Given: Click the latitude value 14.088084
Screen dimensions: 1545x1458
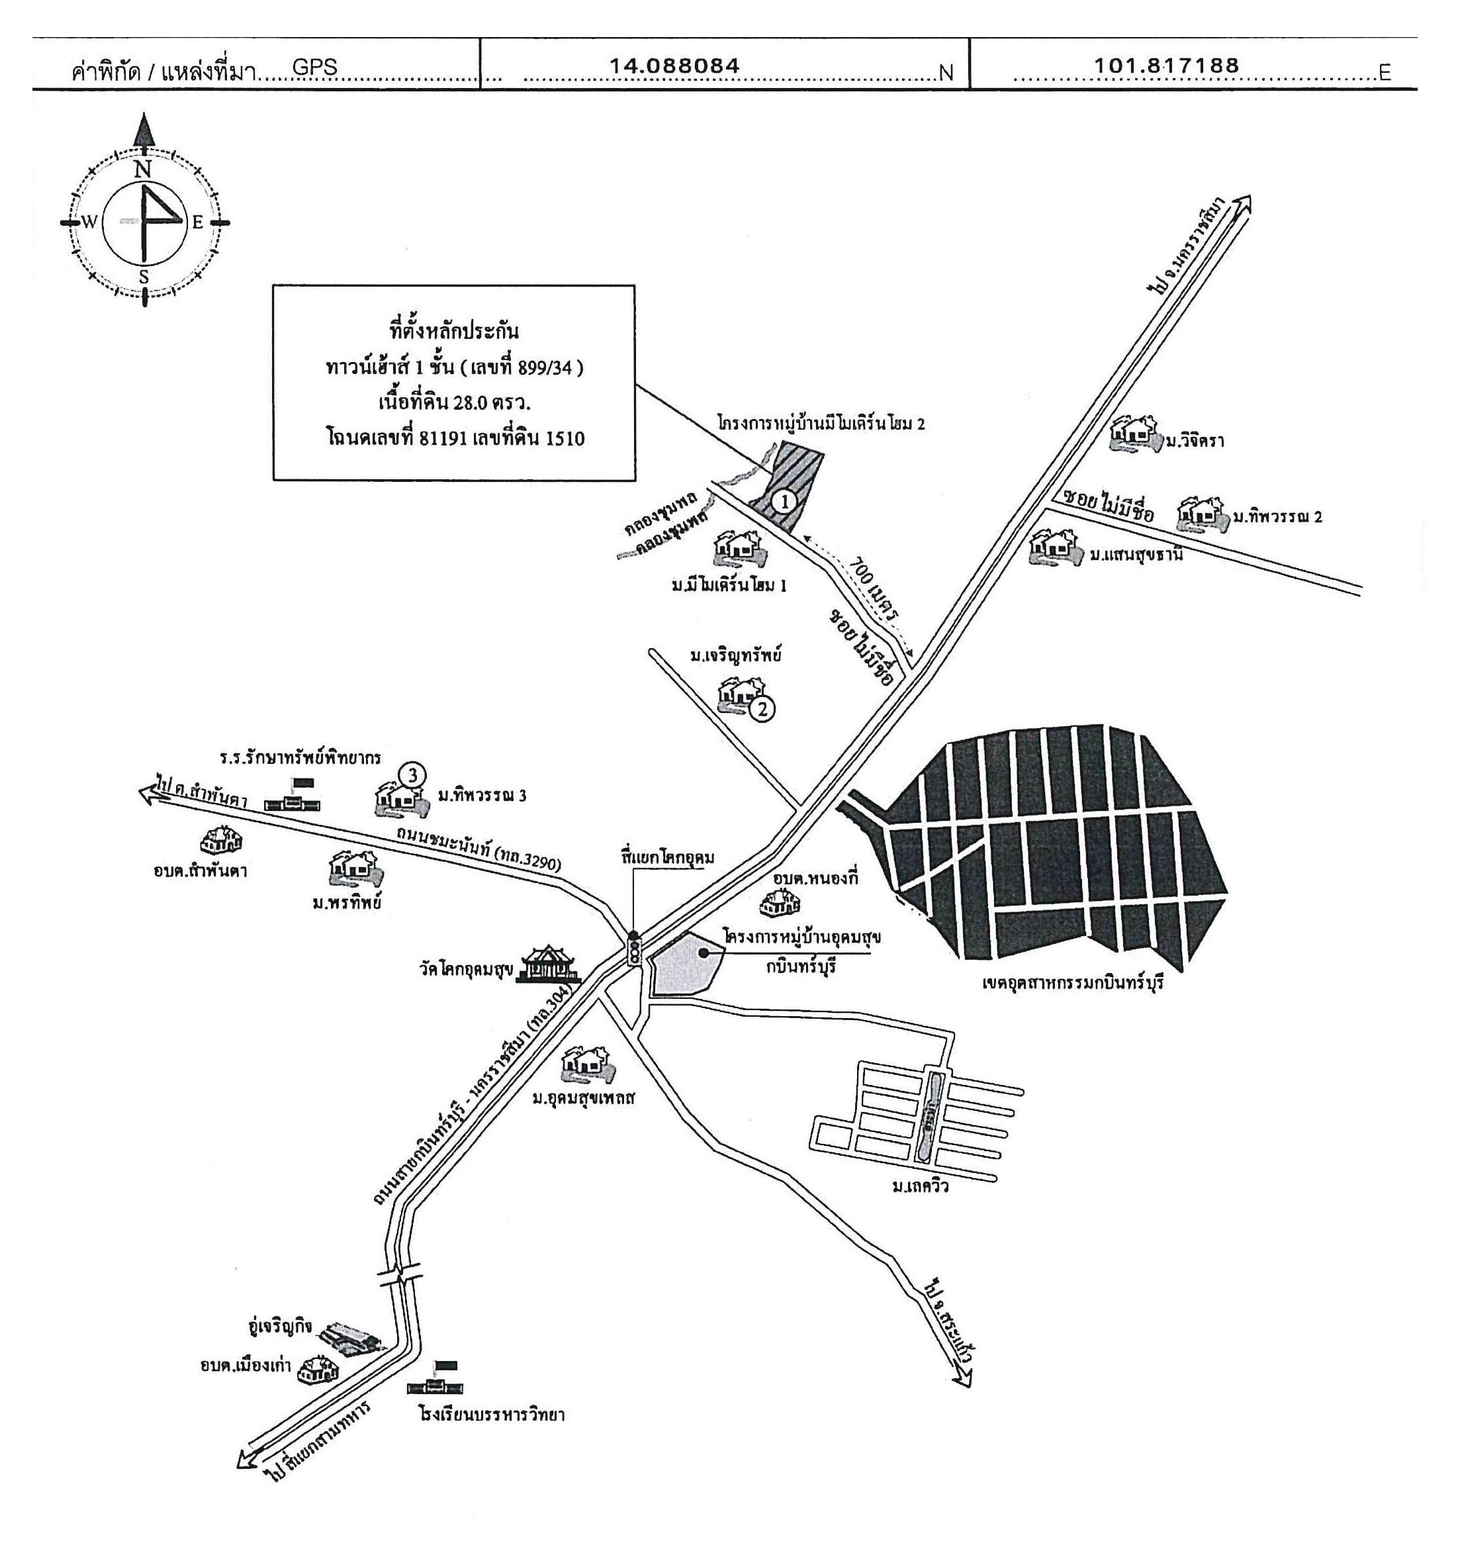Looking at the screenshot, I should tap(674, 66).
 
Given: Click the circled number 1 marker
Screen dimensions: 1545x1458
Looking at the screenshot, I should tap(785, 501).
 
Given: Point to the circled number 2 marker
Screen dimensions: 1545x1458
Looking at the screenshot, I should tap(762, 709).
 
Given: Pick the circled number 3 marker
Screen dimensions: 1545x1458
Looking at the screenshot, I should tap(413, 775).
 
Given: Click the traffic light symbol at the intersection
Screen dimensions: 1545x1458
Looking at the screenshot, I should tap(634, 949).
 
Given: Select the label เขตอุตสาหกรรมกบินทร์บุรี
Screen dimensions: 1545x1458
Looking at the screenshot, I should tap(1073, 983).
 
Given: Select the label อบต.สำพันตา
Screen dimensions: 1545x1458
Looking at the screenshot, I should tap(201, 870).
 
